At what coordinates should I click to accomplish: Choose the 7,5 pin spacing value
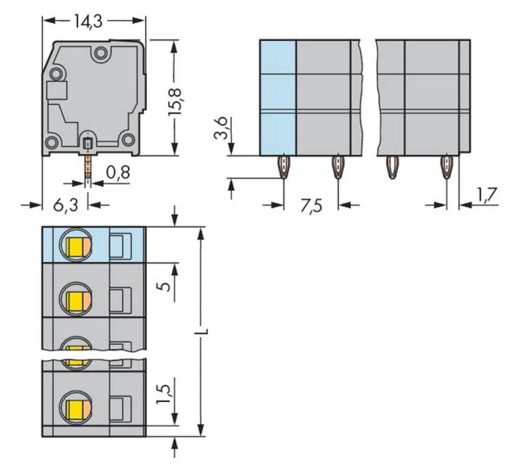click(311, 205)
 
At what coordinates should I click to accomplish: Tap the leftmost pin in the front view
click(284, 167)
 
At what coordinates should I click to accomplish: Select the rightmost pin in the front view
click(446, 167)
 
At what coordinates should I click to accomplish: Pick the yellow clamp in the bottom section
click(76, 405)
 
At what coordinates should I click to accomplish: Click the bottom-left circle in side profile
click(51, 143)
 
